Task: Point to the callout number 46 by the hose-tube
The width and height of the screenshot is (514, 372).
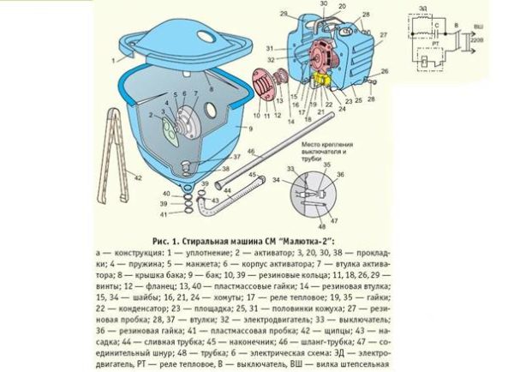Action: (249, 151)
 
